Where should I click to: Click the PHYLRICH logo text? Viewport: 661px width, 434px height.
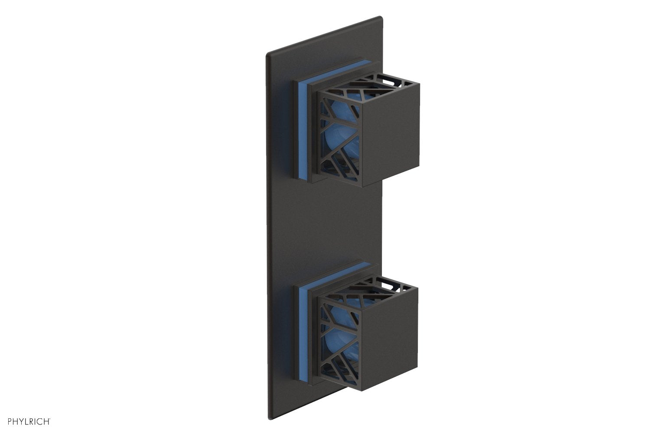coord(27,421)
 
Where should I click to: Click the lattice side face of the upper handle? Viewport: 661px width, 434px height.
coord(341,138)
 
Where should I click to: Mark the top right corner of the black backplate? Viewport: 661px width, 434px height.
coord(381,18)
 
